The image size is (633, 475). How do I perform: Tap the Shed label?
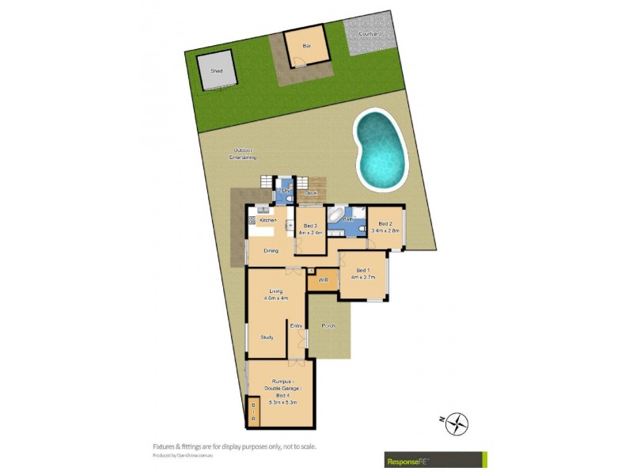(216, 70)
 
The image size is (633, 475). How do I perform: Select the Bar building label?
(306, 46)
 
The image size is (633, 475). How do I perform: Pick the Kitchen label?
(267, 220)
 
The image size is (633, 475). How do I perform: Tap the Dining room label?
(271, 251)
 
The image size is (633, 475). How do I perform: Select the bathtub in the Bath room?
(336, 215)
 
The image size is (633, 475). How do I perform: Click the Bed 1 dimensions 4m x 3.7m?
(363, 277)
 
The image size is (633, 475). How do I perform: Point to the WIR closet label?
(323, 280)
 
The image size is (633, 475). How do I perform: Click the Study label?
(267, 337)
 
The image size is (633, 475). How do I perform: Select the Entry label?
(296, 325)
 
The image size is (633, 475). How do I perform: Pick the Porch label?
(328, 325)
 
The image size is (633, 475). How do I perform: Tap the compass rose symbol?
(457, 424)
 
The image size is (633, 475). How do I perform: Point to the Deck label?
(311, 193)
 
